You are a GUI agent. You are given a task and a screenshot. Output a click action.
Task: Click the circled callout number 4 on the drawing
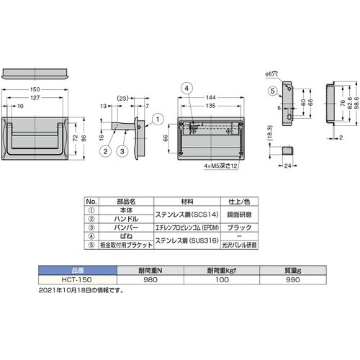pos(186,88)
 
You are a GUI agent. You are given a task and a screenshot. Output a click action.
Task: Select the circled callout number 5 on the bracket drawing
pos(274,91)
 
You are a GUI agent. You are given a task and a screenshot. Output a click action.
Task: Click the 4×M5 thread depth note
pos(219,165)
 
